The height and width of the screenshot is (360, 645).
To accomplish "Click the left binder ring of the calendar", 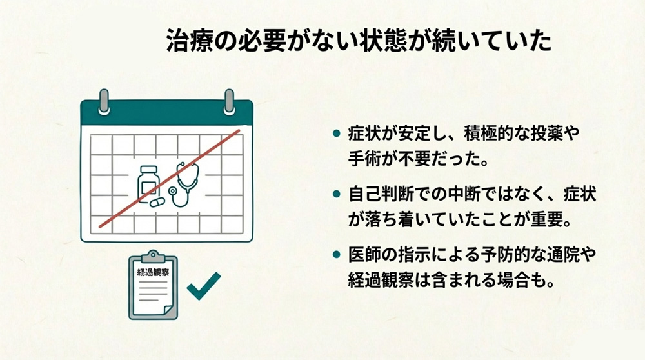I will point(104,103).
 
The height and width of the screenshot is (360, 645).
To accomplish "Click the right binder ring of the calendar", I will point(228,103).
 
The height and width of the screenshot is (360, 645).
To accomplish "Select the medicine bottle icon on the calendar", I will point(147,181).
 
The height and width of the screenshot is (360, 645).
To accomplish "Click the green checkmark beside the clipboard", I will point(203,285).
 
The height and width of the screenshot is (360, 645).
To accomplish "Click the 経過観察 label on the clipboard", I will point(152,272).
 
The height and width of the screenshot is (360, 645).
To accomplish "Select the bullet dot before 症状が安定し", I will point(335,133).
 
